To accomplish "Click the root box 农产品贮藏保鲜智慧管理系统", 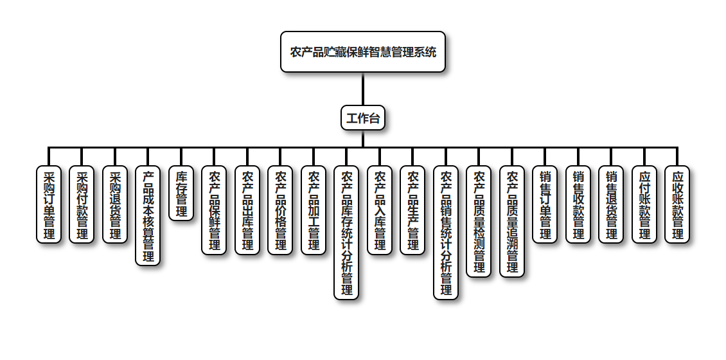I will (363, 51).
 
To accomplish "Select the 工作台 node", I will (363, 118).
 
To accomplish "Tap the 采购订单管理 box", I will (49, 204).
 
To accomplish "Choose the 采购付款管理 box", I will (82, 204).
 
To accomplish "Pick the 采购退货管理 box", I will (115, 204).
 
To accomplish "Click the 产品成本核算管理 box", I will (148, 216).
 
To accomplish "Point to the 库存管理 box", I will (181, 194).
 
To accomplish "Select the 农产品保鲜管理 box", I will (214, 210).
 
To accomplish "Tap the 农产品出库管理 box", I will (247, 210).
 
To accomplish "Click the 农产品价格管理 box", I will (280, 210).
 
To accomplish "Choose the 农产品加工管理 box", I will (314, 210).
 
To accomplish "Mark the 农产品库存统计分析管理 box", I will (346, 233).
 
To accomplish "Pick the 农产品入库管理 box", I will (380, 210).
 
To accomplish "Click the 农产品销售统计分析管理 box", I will (446, 233).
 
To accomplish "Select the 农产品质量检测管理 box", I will (479, 221).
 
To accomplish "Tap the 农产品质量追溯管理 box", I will (512, 221).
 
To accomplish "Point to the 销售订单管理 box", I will (545, 204).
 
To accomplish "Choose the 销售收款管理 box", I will (578, 204).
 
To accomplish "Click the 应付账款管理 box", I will (644, 204).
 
